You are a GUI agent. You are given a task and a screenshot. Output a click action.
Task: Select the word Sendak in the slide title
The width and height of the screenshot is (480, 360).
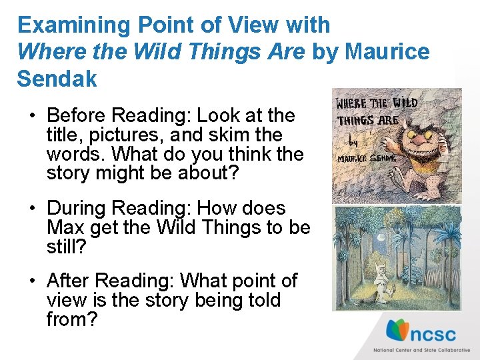pyautogui.click(x=57, y=78)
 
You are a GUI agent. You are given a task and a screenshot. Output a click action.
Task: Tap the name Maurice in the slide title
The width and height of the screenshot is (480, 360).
pyautogui.click(x=389, y=51)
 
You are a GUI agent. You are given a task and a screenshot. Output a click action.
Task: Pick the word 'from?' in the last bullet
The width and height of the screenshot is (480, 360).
pyautogui.click(x=72, y=319)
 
